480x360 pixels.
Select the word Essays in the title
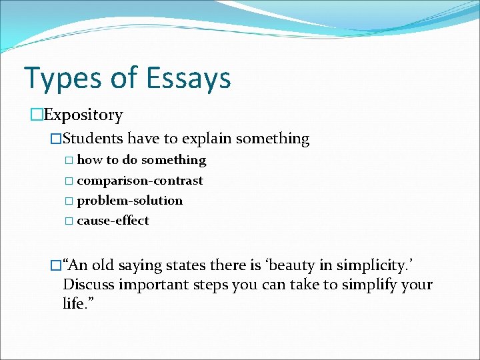(x=189, y=78)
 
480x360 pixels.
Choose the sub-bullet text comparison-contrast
(x=140, y=180)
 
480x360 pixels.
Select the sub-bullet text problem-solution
(x=129, y=200)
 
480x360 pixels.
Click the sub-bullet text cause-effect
(x=113, y=220)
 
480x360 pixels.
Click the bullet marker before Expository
(x=36, y=115)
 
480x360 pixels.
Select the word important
(x=151, y=285)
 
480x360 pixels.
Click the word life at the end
(x=73, y=304)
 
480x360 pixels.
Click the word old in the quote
(x=103, y=265)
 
